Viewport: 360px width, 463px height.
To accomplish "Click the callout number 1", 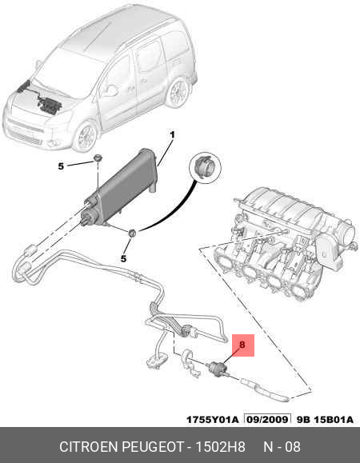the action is (x=172, y=135).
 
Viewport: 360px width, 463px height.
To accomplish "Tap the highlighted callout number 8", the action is (x=242, y=345).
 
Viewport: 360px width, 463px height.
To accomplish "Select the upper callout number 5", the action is (x=61, y=166).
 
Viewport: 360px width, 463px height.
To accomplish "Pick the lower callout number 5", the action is (x=123, y=258).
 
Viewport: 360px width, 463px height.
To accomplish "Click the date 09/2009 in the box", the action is (x=267, y=419).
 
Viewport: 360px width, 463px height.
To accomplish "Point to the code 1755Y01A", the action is (x=212, y=419).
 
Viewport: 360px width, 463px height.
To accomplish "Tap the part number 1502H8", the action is (x=220, y=447).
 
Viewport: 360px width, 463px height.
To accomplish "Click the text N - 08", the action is (x=282, y=447).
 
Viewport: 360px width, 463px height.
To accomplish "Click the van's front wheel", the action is (x=86, y=137).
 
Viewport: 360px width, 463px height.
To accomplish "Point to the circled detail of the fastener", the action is (x=206, y=167).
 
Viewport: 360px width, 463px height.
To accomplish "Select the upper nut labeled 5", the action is (x=98, y=158).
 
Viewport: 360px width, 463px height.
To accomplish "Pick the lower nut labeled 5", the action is (x=132, y=233).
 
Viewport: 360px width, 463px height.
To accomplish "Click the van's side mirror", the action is (x=110, y=90).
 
